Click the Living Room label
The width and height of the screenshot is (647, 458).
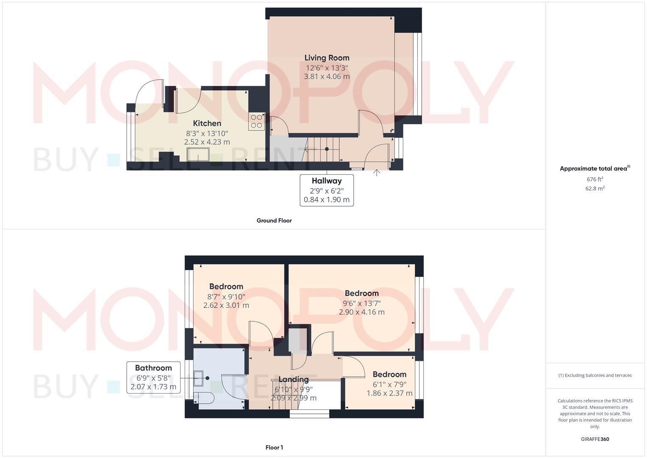tap(327, 58)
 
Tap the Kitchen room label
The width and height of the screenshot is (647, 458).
tap(207, 123)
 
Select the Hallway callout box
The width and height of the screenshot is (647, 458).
tap(327, 190)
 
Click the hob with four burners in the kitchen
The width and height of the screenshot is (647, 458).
tap(256, 121)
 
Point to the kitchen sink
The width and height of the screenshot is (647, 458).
tap(198, 154)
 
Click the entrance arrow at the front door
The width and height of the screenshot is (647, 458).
tap(377, 173)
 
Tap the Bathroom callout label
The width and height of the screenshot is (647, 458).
tap(153, 368)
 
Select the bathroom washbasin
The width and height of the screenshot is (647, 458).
tap(199, 378)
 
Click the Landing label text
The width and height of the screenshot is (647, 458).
tap(293, 379)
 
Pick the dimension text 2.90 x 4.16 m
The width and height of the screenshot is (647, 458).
tap(361, 312)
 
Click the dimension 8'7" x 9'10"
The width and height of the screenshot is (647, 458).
tap(226, 296)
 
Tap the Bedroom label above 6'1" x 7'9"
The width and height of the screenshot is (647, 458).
tap(389, 374)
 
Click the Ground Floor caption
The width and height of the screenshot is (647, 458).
tap(274, 221)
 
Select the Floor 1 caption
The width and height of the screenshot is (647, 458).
tap(274, 447)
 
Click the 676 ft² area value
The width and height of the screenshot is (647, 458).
tap(595, 179)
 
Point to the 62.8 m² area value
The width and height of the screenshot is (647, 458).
tap(595, 189)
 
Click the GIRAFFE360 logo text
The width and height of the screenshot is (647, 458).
tap(595, 439)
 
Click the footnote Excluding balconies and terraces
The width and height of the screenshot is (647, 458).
tap(595, 375)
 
